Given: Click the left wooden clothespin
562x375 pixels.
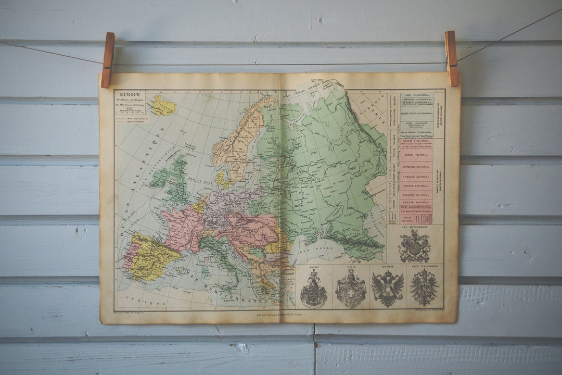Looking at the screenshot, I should pyautogui.click(x=108, y=59).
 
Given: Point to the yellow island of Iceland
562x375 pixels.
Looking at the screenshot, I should pyautogui.click(x=162, y=106).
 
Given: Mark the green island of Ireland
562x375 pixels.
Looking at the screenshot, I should pyautogui.click(x=159, y=178).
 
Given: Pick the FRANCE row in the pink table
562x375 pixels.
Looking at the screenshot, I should pyautogui.click(x=415, y=185).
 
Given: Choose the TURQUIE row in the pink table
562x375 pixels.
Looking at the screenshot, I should pyautogui.click(x=415, y=177).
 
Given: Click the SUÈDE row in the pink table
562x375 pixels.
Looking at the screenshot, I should pyautogui.click(x=415, y=154).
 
